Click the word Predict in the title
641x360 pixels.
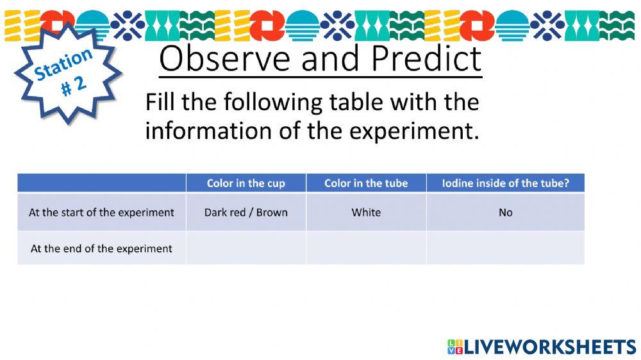427,58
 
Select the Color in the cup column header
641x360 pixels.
246,183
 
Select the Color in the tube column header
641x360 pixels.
366,183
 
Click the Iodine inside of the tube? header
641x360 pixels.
506,183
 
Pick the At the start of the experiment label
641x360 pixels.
101,213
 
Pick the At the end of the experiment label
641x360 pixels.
101,249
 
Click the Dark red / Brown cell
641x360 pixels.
246,213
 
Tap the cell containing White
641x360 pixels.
366,213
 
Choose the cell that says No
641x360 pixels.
506,213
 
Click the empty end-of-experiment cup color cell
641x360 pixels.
246,248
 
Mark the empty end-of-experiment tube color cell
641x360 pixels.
366,248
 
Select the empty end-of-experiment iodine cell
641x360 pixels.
506,248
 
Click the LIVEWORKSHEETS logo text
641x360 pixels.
550,347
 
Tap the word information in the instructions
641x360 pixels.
208,131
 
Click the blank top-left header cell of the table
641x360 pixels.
101,183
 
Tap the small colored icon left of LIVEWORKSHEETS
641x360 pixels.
455,347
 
